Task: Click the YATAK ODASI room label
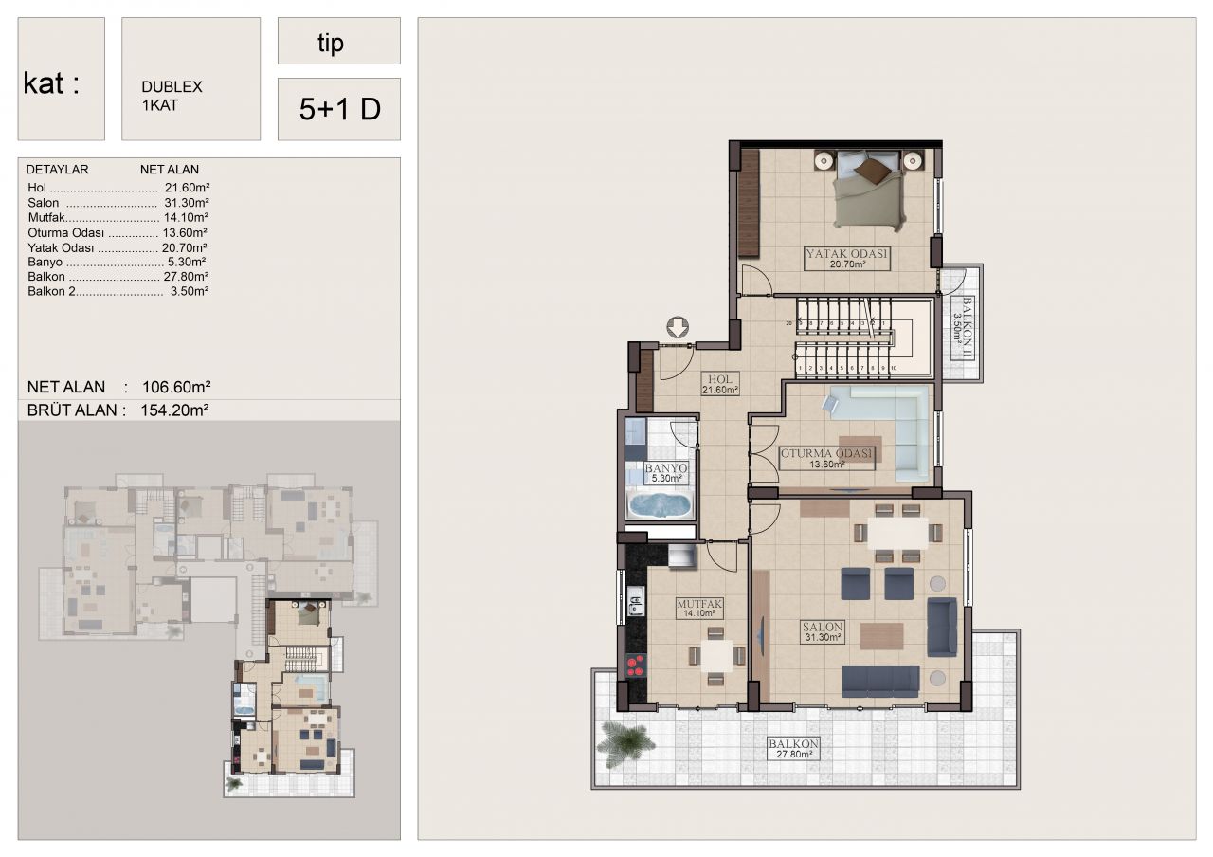[846, 253]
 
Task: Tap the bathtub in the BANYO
[660, 505]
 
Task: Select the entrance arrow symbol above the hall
[677, 327]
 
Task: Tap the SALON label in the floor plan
[822, 627]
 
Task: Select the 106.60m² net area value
[176, 387]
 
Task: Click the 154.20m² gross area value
[174, 410]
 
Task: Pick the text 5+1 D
[339, 109]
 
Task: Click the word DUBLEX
[172, 86]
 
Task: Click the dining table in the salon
[898, 534]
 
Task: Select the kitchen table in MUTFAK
[716, 656]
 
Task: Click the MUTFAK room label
[699, 604]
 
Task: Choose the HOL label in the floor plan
[719, 379]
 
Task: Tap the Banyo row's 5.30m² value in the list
[187, 263]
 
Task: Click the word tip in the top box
[331, 43]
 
